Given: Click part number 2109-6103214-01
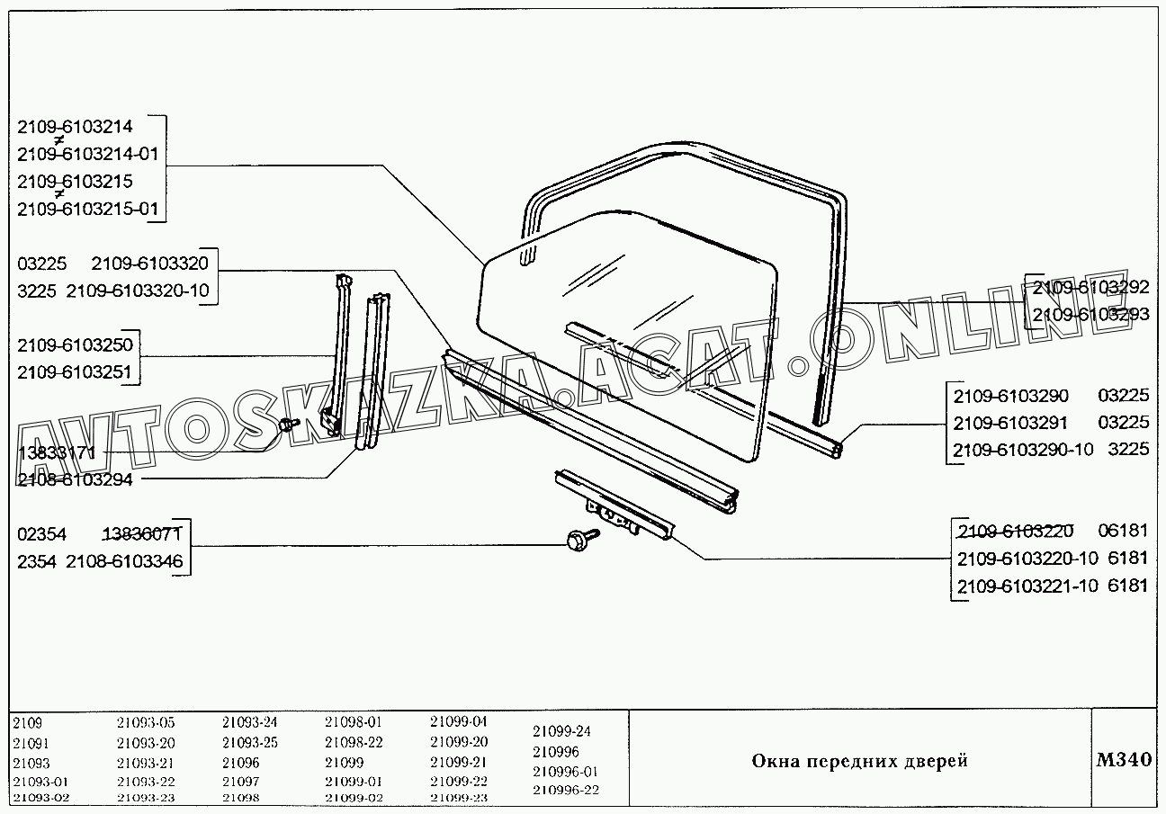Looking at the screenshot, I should pos(87,154).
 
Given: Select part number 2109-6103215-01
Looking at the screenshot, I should pos(87,210).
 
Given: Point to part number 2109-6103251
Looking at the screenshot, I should pos(75,371).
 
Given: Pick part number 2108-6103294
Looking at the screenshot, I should pos(75,479).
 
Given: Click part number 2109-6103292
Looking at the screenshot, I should pos(1091,288).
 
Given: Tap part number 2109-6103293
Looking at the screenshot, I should pos(1091,315).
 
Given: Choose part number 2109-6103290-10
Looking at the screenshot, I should pos(1024,449).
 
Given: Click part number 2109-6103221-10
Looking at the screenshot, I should pos(1027,586).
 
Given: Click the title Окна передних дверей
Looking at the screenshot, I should pos(859,762).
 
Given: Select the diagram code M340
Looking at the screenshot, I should pos(1124,759).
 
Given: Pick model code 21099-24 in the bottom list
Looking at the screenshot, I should pos(561,731).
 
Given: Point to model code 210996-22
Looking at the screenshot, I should pos(565,791).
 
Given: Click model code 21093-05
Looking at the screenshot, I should pos(146,722).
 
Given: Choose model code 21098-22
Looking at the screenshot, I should pos(354,742).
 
